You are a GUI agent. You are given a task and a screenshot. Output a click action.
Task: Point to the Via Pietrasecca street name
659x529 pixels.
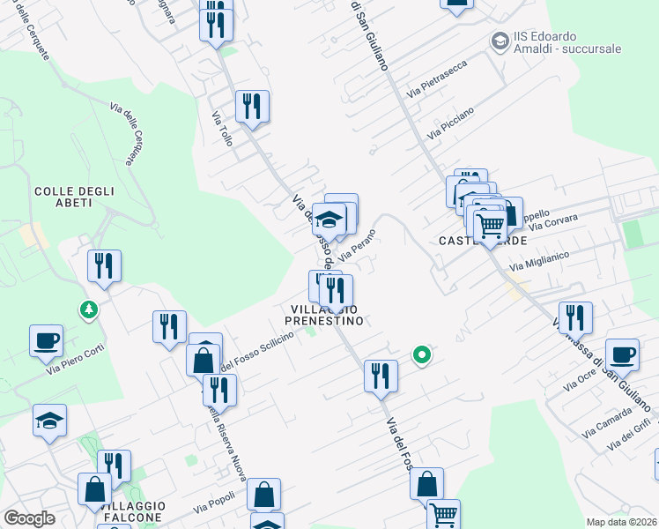(x=436, y=78)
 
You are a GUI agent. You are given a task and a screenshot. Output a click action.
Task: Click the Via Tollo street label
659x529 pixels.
(x=222, y=128)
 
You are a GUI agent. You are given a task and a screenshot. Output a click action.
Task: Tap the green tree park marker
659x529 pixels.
(x=88, y=309)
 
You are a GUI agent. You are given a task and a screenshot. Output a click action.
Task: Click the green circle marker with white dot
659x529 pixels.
(x=422, y=355)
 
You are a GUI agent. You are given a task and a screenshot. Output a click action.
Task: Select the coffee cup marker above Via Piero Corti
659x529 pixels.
(x=47, y=339)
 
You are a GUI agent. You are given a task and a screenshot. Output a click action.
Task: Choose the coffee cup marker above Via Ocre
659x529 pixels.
(x=622, y=354)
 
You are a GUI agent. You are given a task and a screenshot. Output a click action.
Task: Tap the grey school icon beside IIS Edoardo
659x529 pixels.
(x=501, y=41)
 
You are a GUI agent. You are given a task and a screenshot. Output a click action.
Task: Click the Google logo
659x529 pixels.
(x=29, y=518)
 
